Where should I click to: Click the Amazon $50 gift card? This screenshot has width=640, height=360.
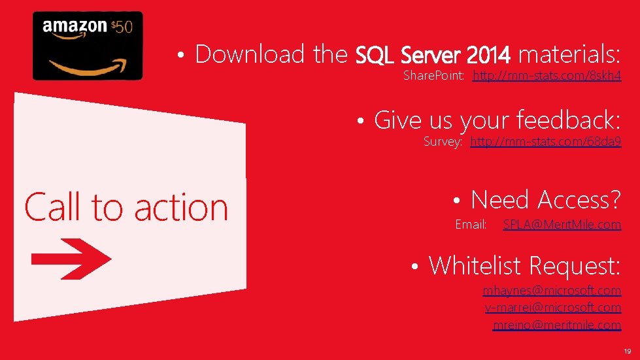pyautogui.click(x=88, y=46)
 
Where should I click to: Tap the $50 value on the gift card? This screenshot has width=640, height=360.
pyautogui.click(x=122, y=27)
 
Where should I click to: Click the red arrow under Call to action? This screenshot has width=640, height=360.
pyautogui.click(x=71, y=259)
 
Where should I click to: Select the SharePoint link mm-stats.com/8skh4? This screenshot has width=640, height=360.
pyautogui.click(x=547, y=75)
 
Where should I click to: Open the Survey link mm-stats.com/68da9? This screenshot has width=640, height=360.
pyautogui.click(x=546, y=142)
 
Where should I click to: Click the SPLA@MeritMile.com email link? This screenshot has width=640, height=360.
pyautogui.click(x=562, y=224)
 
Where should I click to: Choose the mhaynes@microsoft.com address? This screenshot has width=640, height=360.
pyautogui.click(x=552, y=290)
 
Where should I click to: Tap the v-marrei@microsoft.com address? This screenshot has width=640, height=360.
pyautogui.click(x=553, y=308)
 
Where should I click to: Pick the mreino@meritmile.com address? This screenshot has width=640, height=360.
pyautogui.click(x=557, y=325)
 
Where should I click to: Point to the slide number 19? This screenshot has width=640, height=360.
pyautogui.click(x=628, y=351)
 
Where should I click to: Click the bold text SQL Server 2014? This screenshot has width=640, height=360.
pyautogui.click(x=433, y=55)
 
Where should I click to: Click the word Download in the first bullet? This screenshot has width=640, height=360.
pyautogui.click(x=250, y=54)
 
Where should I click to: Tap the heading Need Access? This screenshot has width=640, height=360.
pyautogui.click(x=546, y=199)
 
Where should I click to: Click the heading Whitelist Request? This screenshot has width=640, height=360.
pyautogui.click(x=524, y=265)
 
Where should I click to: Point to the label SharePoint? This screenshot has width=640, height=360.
pyautogui.click(x=433, y=75)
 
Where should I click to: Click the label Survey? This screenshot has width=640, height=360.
pyautogui.click(x=443, y=142)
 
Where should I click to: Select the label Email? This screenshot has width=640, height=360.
pyautogui.click(x=471, y=224)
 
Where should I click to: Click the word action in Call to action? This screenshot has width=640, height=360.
pyautogui.click(x=181, y=208)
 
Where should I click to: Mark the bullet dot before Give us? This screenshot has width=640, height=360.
pyautogui.click(x=360, y=121)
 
